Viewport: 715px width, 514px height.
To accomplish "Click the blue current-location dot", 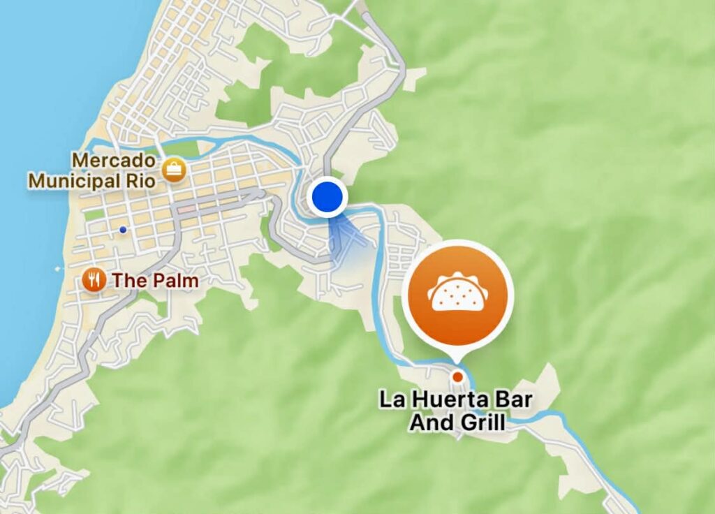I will [x=327, y=197].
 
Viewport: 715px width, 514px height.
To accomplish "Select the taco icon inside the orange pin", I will [x=457, y=292].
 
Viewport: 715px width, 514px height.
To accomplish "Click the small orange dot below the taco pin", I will [x=457, y=376].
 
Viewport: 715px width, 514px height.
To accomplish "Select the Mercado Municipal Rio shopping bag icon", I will [x=172, y=169].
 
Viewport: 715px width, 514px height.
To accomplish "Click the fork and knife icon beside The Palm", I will [x=93, y=281].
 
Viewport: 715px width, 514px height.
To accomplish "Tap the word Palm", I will [x=175, y=281].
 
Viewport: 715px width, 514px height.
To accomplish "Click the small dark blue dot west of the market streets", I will [x=123, y=229].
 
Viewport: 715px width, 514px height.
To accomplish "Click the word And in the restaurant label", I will [x=432, y=423].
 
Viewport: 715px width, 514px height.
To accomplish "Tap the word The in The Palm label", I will [x=129, y=281].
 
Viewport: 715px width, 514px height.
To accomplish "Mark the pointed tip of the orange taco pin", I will [x=457, y=361].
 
